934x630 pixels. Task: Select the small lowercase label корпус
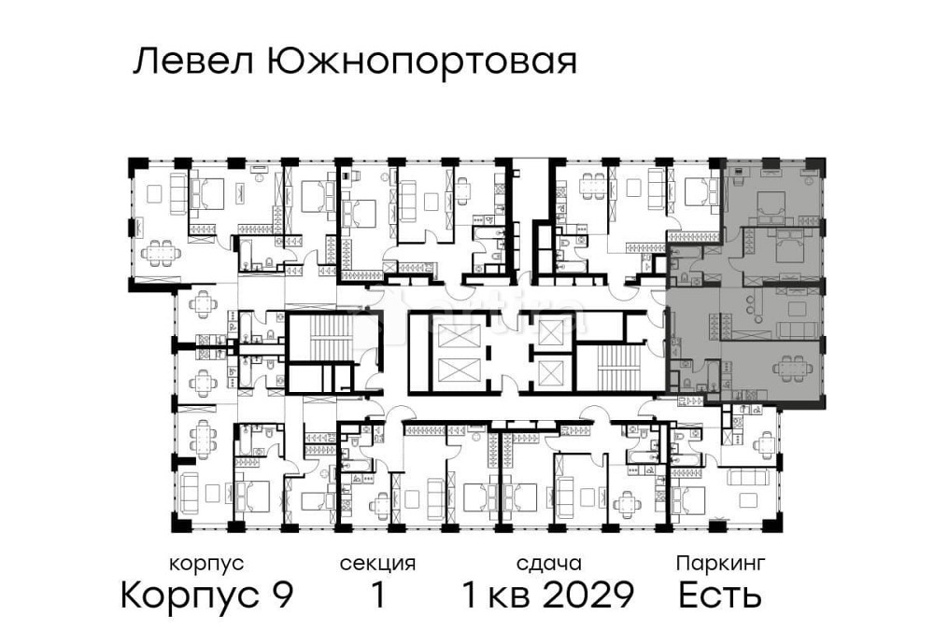(206, 564)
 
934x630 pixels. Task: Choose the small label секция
(377, 564)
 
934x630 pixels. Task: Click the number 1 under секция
(377, 595)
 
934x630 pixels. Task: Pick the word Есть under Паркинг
(719, 595)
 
